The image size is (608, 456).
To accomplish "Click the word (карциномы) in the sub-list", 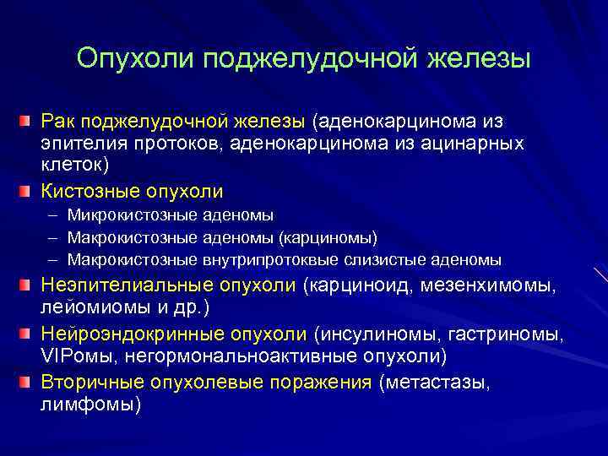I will point(328,236).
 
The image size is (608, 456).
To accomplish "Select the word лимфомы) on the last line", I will point(90,404).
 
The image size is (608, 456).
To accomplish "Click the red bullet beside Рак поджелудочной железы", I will point(29,123).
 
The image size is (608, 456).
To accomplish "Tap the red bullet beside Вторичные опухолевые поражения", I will point(29,382).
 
